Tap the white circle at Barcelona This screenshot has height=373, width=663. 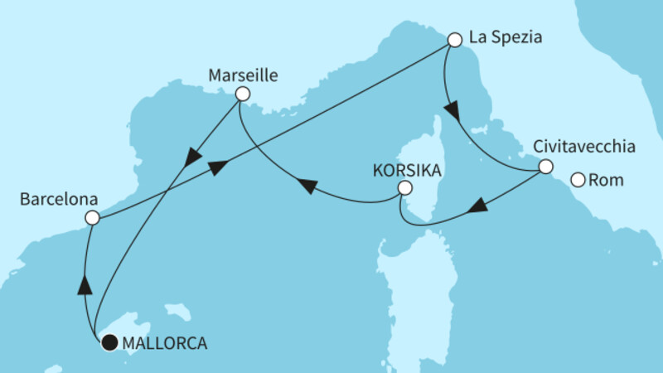point(92,218)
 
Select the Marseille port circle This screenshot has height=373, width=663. point(242,94)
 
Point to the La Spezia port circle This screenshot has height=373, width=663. point(454,39)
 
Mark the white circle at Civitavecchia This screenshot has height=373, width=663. point(545,167)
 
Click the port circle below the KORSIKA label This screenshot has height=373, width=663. point(404,189)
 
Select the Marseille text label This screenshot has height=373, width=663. point(242,75)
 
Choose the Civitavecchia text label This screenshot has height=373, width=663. point(584,148)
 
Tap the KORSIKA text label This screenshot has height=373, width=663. point(406,170)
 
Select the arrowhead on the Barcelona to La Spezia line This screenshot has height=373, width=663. point(217,167)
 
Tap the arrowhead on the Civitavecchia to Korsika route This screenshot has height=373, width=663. point(478,206)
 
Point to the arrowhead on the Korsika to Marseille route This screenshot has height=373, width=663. point(307,187)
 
